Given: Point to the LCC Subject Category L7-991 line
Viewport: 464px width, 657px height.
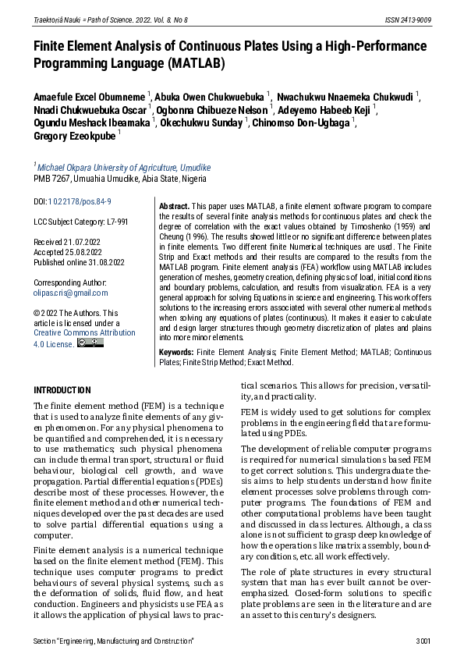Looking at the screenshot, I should click(81, 222).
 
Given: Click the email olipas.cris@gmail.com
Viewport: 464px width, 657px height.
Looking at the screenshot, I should click(71, 293).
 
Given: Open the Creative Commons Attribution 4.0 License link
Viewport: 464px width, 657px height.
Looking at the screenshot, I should click(83, 337).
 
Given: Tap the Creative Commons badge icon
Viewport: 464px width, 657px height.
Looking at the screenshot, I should click(90, 343).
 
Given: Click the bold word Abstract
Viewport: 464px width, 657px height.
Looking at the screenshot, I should click(174, 206).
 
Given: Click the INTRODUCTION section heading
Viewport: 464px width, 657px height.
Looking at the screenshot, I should click(62, 390).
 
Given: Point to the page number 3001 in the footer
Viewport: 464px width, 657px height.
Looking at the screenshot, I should click(423, 641).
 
